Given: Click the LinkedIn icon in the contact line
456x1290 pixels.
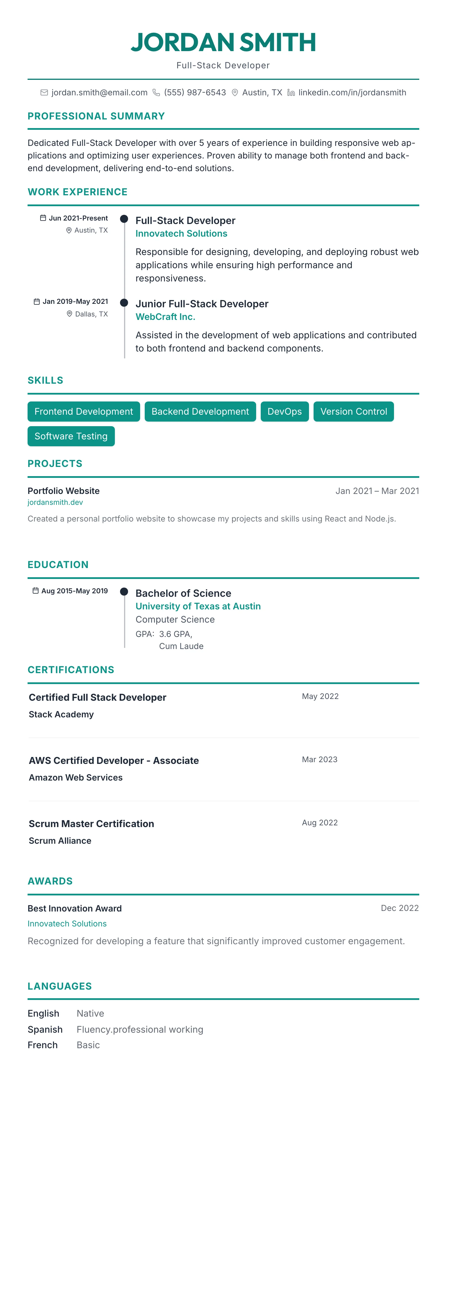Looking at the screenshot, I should [291, 93].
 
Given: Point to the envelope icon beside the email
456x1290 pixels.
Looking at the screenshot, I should [44, 93].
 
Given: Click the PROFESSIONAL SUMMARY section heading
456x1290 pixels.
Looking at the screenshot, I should [96, 116].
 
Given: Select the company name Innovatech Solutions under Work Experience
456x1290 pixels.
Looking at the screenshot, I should [181, 233].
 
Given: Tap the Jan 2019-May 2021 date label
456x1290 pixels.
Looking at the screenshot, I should [75, 302].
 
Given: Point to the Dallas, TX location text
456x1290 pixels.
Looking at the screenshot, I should [91, 314].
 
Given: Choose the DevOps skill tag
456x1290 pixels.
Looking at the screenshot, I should [284, 412].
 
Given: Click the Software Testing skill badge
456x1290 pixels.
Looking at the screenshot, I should [71, 436].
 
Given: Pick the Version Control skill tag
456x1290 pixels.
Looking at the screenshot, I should [353, 412].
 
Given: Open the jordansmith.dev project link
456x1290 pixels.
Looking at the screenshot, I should [55, 502].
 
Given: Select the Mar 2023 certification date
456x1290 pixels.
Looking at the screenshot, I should [319, 759].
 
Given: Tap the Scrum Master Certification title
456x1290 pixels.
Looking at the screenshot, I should [91, 824].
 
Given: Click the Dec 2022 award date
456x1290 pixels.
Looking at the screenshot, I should [399, 908].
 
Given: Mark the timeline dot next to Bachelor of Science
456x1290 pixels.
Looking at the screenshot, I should [124, 592].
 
